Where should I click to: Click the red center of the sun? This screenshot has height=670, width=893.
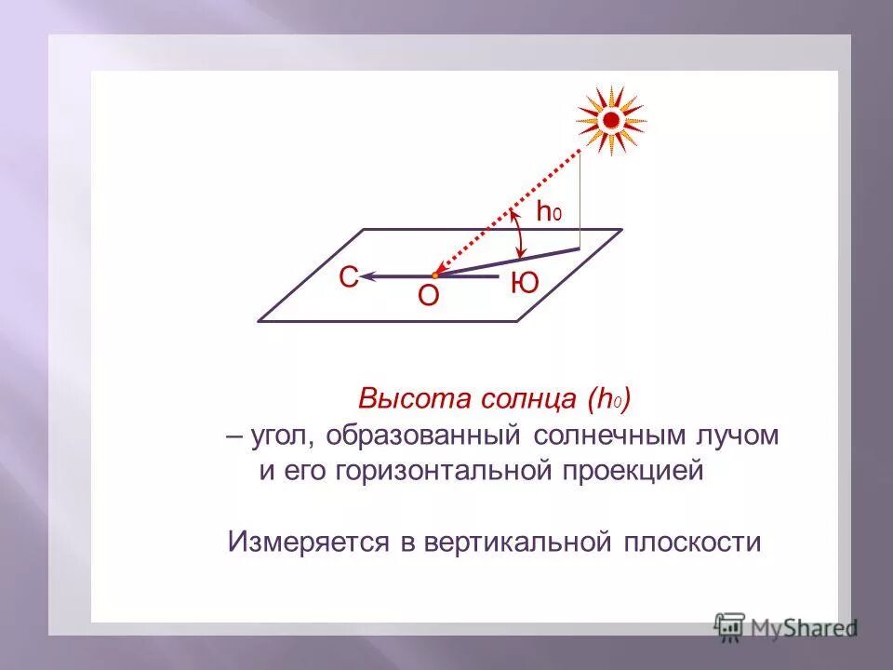pos(611,120)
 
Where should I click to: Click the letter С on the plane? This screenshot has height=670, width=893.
pos(348,278)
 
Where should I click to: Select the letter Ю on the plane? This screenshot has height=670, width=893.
pos(525,284)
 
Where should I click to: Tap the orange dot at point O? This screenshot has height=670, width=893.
pos(435,275)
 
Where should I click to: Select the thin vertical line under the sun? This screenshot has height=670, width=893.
pos(580,200)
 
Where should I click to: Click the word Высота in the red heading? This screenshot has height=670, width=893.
pos(399,401)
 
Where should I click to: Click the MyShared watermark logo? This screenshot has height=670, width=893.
pos(786,628)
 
